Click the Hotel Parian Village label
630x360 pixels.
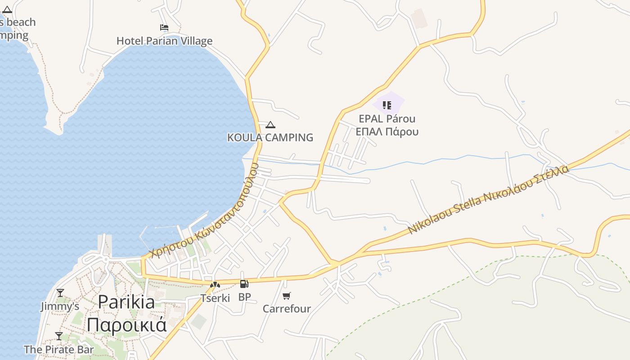coord(164,41)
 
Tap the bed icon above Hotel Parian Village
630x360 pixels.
coord(164,28)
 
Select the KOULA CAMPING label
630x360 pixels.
coord(270,138)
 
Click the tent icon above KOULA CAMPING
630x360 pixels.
coord(270,125)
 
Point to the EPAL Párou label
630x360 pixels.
coord(387,119)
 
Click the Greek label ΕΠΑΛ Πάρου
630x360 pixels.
coord(387,132)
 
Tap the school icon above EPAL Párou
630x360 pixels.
coord(387,105)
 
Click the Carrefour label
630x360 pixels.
coord(287,309)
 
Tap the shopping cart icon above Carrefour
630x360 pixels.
coord(287,296)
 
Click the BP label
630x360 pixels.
coord(244,297)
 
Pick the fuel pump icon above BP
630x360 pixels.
coord(244,284)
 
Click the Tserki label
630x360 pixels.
coord(215,298)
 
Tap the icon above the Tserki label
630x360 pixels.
coord(215,284)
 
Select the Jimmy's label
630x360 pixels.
coord(60,306)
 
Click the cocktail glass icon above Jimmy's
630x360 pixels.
coord(60,293)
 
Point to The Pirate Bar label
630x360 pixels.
coord(59,349)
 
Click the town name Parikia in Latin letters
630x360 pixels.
coord(126,301)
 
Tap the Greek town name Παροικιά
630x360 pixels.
coord(126,324)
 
